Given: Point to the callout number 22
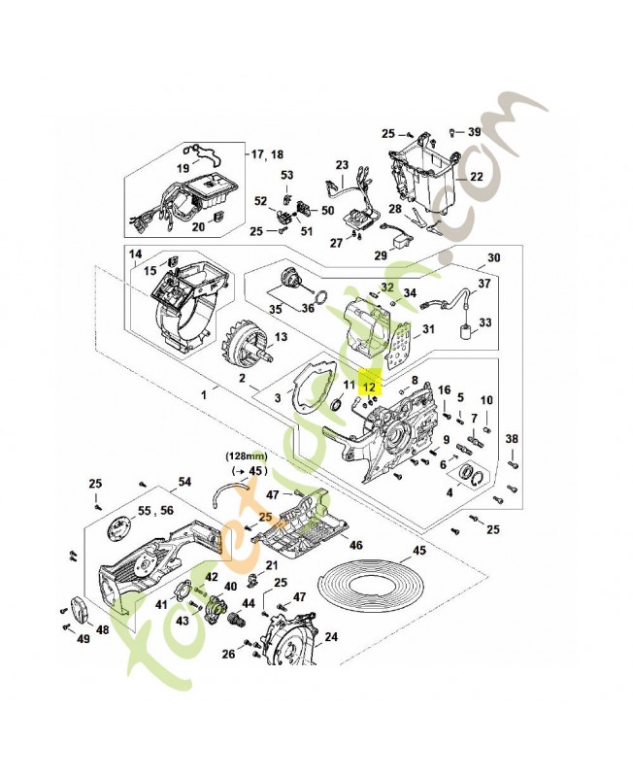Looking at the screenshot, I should pyautogui.click(x=475, y=177).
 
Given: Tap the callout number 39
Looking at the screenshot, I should pyautogui.click(x=474, y=131).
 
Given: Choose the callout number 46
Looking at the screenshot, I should pyautogui.click(x=355, y=546).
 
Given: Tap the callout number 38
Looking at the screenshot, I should pyautogui.click(x=511, y=438).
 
